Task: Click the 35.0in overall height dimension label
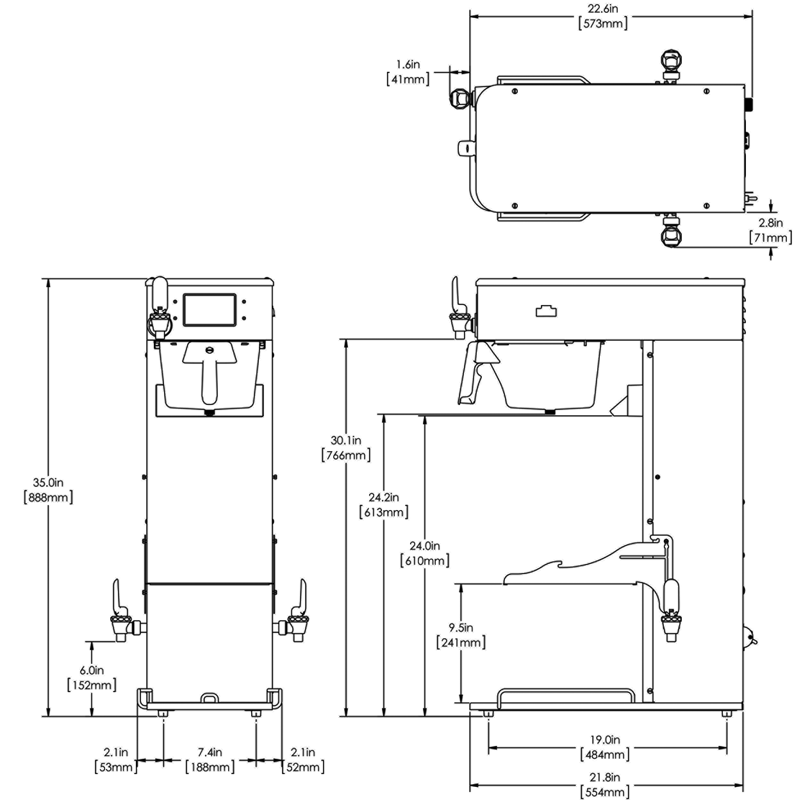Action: [48, 490]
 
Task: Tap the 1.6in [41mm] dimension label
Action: [408, 72]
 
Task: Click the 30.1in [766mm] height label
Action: [346, 448]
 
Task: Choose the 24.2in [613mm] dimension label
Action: [384, 505]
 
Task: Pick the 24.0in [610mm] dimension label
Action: [425, 553]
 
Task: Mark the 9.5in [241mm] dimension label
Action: [461, 635]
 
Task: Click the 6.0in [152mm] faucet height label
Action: [92, 677]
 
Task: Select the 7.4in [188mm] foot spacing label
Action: [210, 760]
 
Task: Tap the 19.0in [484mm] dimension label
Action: [605, 747]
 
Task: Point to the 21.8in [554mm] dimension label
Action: [605, 784]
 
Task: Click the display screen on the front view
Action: [210, 310]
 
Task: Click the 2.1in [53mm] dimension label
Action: [116, 760]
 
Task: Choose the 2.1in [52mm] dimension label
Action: [303, 760]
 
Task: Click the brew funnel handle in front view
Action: [210, 373]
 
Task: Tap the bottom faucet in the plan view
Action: [671, 232]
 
